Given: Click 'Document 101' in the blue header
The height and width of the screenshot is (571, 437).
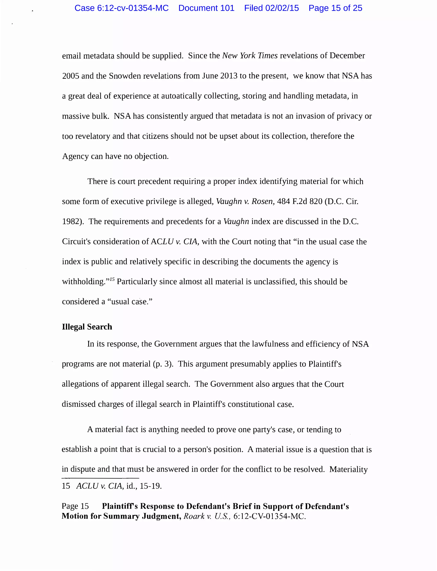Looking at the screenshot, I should [x=206, y=8].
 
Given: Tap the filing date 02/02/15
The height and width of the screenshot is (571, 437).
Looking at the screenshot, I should [x=282, y=8].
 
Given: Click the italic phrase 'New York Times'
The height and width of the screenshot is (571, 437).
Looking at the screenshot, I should [x=250, y=56].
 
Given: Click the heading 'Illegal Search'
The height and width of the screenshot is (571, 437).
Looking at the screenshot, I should [x=87, y=327].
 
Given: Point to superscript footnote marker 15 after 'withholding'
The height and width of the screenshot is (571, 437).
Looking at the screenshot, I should [x=112, y=279].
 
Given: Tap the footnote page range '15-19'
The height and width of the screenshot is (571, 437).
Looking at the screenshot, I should [x=150, y=486].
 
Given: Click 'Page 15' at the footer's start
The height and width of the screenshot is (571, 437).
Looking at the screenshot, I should [x=75, y=506].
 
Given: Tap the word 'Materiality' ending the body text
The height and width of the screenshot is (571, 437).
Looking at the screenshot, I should [x=348, y=469].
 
